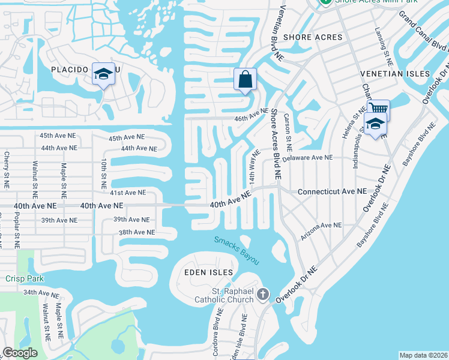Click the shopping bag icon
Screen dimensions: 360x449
pos(245,79)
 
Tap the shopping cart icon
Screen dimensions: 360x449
pos(378,110)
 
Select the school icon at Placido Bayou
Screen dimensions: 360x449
pos(103,74)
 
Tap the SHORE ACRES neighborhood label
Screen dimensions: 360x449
pos(313,37)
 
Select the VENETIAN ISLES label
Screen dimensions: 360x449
pos(395,74)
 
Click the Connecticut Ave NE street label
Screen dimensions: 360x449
pos(332,191)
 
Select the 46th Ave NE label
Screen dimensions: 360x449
pos(251,113)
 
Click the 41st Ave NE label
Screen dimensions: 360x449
pos(127,193)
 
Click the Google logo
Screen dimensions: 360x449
pos(20,353)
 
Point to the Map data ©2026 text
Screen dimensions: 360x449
pos(423,355)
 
